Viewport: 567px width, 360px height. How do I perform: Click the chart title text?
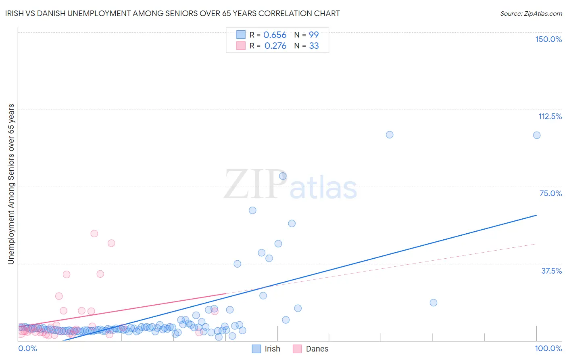[x=172, y=13]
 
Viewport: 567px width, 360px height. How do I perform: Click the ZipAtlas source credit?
[x=531, y=13]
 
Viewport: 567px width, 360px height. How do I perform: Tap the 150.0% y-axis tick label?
[x=548, y=39]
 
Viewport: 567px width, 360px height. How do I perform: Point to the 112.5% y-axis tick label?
[x=550, y=116]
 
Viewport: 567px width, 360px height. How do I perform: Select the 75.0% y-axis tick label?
[x=550, y=193]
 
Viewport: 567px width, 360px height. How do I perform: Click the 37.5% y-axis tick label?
[x=551, y=271]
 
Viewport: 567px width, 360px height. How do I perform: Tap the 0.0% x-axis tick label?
[x=27, y=348]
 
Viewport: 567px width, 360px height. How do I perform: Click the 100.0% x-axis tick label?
[x=548, y=348]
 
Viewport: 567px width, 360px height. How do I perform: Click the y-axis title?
[x=11, y=184]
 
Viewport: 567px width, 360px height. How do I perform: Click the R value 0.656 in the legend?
[x=275, y=35]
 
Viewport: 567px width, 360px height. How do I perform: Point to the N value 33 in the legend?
[x=314, y=46]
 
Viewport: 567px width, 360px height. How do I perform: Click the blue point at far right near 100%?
[x=537, y=135]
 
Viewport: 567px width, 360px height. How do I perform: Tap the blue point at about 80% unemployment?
[x=283, y=176]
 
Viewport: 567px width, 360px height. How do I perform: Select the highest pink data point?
[x=94, y=233]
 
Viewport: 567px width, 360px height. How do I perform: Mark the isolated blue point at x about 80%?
[x=434, y=303]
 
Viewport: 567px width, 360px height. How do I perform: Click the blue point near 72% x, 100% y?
[x=390, y=135]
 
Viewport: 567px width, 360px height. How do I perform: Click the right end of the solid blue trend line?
[x=536, y=215]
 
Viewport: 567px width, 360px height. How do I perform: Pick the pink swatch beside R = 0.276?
[x=241, y=46]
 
